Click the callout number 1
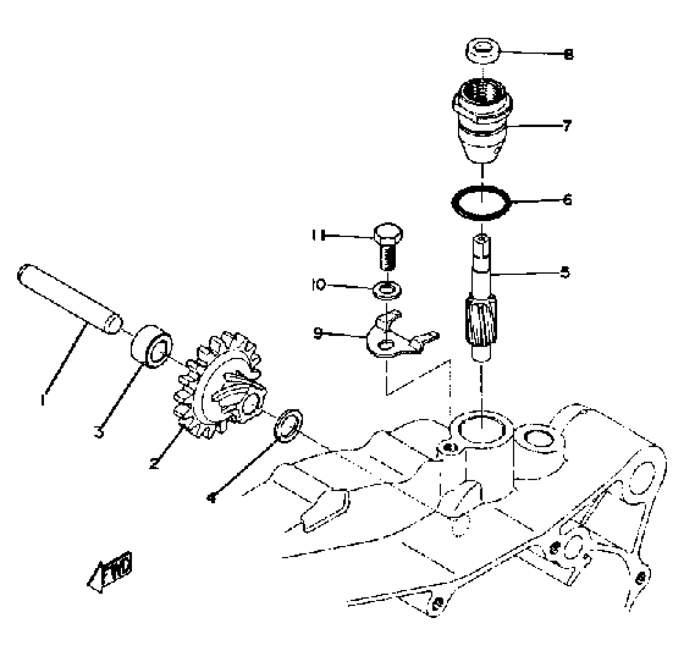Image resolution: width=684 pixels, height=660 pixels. (44, 399)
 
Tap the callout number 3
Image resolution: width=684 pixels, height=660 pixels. (100, 432)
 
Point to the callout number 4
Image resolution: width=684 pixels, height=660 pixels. (212, 497)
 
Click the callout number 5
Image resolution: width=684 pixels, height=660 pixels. (566, 273)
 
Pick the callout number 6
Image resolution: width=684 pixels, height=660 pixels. (567, 200)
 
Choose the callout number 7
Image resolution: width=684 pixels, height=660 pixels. (567, 126)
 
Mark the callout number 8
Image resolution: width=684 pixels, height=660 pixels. (569, 54)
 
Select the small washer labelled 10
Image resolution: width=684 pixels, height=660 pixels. (387, 290)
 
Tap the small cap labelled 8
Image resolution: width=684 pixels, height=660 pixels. (483, 51)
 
